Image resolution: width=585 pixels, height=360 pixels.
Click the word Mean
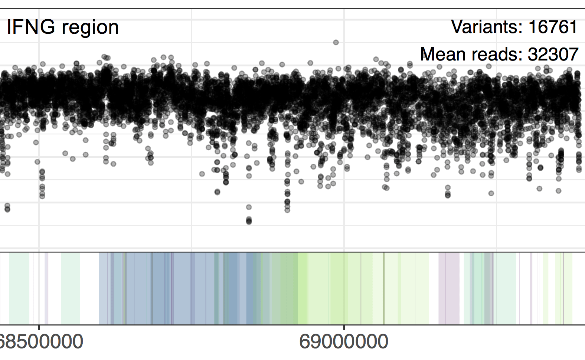444,54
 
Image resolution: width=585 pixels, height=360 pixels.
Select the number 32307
553,54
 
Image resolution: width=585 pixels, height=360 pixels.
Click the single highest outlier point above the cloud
336,42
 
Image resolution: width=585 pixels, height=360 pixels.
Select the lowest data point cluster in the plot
249,221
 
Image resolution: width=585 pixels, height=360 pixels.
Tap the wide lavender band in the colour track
449,288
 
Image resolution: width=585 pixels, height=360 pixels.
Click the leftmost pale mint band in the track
19,288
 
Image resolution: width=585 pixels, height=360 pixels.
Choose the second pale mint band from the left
70,288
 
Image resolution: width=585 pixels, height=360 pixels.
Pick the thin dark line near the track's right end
563,288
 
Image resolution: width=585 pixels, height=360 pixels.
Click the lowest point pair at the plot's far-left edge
7,208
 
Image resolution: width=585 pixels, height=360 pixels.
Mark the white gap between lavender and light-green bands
434,288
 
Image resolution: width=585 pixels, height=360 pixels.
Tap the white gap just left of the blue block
89,288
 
